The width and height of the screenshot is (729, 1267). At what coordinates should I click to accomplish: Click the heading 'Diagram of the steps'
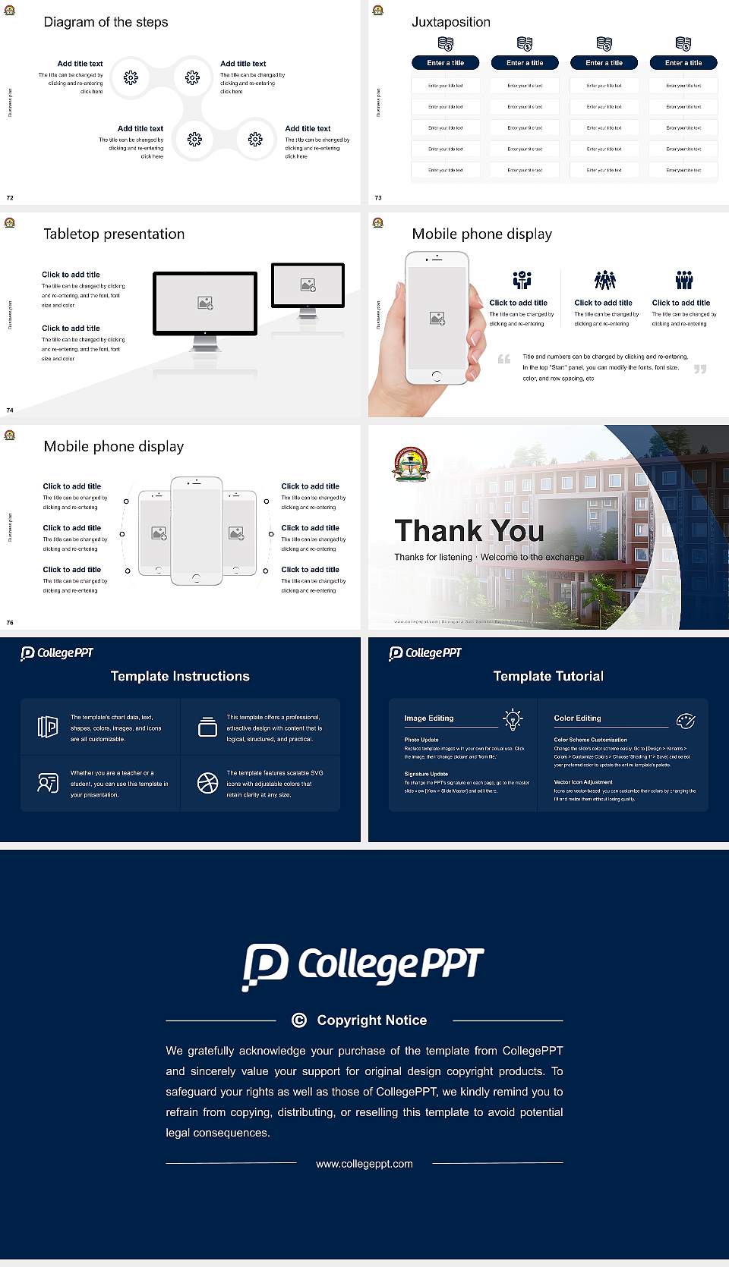106,22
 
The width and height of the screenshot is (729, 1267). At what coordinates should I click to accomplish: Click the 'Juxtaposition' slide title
450,22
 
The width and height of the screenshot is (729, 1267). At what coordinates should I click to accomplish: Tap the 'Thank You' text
469,530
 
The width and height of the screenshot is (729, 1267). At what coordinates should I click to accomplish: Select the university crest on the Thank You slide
410,464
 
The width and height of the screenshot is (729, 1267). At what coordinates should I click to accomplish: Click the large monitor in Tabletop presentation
205,304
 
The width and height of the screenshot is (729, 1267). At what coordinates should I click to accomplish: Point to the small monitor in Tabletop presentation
308,285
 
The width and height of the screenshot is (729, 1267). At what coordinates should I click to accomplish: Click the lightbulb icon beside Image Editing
513,719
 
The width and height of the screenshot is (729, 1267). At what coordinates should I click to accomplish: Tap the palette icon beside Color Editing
685,720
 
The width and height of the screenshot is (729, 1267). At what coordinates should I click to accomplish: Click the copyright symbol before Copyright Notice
299,1020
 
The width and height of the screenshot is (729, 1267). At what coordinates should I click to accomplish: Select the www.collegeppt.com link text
364,1164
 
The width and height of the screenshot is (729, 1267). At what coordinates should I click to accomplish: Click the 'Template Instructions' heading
180,676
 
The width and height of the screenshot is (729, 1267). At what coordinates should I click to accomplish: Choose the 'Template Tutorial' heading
548,676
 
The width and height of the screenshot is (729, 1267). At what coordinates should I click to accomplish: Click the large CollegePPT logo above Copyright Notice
363,966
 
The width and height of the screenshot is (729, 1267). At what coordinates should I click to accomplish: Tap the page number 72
10,197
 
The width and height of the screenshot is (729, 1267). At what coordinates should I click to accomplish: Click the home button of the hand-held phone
436,376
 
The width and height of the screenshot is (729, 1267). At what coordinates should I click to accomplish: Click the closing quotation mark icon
700,369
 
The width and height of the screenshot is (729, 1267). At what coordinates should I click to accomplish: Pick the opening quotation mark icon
504,359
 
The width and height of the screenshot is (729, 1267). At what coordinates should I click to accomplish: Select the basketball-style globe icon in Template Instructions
207,783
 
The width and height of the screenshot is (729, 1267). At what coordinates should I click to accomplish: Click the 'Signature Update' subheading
426,774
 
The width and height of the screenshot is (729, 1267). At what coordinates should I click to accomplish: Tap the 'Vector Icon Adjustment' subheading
583,781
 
